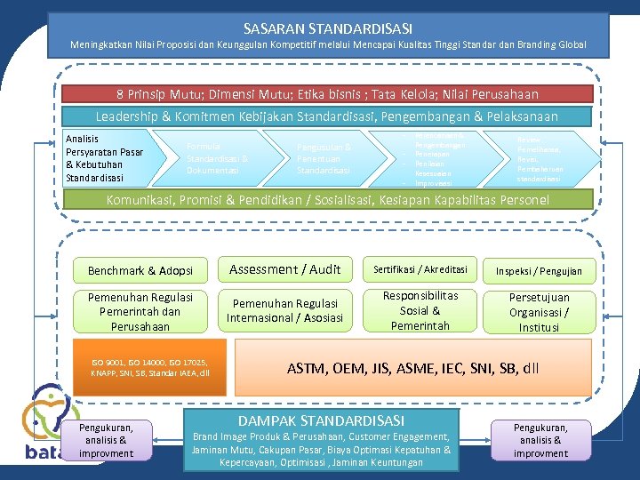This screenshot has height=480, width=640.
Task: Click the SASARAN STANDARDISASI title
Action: point(328,28)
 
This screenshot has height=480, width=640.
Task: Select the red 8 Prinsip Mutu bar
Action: point(327,93)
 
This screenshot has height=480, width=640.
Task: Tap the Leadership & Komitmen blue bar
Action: point(327,116)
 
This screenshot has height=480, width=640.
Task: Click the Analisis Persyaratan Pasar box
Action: point(105,158)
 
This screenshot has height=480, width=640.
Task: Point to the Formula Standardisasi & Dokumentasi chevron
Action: point(217,158)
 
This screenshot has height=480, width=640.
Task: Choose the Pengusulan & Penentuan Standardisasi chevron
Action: point(324,158)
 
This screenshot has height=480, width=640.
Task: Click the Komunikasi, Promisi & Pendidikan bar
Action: point(327,199)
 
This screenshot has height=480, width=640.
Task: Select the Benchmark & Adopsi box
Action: point(140,270)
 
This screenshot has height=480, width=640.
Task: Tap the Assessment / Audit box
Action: point(284,269)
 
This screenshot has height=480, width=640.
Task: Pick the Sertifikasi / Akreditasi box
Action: point(419,269)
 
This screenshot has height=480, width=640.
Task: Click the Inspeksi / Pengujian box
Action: point(540,270)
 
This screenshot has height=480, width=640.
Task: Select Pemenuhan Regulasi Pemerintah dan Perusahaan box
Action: point(140,311)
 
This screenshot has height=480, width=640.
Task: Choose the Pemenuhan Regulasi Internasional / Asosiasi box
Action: point(284,310)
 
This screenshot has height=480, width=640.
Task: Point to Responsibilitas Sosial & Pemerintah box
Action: point(419,310)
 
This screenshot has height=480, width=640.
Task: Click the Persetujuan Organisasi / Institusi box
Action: point(540,311)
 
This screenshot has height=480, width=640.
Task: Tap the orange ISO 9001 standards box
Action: point(149,367)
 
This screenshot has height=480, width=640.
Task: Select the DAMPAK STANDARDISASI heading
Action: point(321,420)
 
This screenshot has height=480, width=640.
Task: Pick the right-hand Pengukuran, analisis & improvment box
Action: point(540,440)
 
